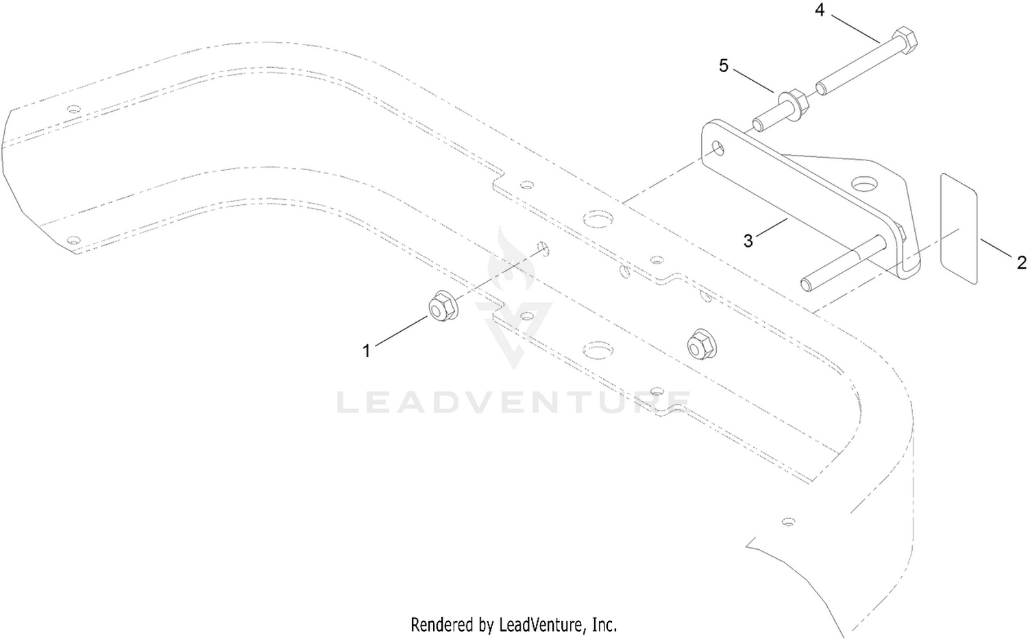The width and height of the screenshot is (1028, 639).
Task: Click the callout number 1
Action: (366, 351)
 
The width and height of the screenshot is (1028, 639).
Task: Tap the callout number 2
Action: (1022, 263)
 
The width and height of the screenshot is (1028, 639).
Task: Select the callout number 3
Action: (748, 240)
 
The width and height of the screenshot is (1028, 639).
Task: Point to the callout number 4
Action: (820, 10)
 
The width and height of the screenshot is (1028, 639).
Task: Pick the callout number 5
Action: (723, 66)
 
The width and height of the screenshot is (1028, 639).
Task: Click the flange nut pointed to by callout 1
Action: (442, 306)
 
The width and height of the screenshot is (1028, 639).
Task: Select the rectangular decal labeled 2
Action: (959, 228)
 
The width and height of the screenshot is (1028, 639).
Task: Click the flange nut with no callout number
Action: (702, 343)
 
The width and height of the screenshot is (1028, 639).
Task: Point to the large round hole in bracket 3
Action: (865, 184)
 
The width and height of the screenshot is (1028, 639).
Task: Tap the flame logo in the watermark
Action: (511, 259)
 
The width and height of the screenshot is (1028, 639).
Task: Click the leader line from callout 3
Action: (770, 228)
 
